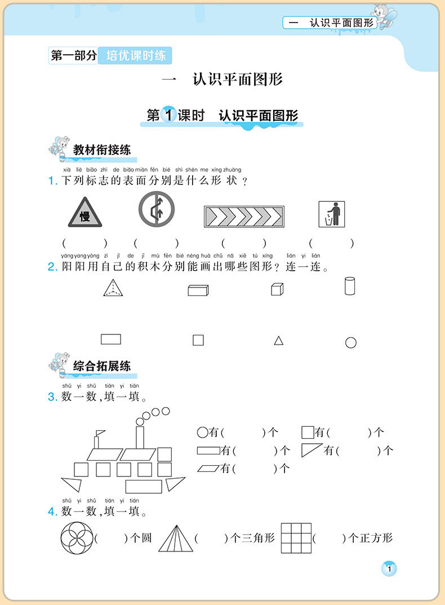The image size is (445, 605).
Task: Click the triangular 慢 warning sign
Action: pyautogui.click(x=84, y=213)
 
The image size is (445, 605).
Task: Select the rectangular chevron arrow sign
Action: pyautogui.click(x=244, y=217)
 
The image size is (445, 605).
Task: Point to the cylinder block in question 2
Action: pyautogui.click(x=350, y=286)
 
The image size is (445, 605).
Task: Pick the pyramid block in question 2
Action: pyautogui.click(x=113, y=288)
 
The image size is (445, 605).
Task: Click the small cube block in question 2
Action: pyautogui.click(x=277, y=289)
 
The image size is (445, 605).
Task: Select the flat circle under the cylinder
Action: pyautogui.click(x=350, y=342)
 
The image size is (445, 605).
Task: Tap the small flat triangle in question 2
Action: pyautogui.click(x=278, y=341)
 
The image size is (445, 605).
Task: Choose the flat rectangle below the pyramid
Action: pyautogui.click(x=111, y=339)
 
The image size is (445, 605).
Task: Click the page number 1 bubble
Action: pyautogui.click(x=389, y=568)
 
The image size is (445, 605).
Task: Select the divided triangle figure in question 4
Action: pyautogui.click(x=176, y=538)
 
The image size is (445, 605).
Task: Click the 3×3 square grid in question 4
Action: pyautogui.click(x=296, y=538)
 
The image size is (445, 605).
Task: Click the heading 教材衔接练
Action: pyautogui.click(x=102, y=150)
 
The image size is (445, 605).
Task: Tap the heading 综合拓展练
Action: pyautogui.click(x=102, y=366)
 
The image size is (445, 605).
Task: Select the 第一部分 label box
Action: pyautogui.click(x=73, y=56)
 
